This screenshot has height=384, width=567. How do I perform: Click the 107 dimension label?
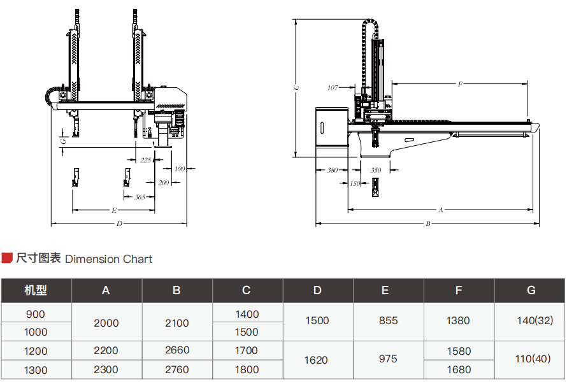[333, 88]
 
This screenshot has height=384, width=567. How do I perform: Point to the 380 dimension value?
[333, 170]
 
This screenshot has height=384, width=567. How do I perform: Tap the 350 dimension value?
[376, 170]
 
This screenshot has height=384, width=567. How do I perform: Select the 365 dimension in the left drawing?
[140, 197]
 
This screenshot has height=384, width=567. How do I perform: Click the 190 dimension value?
[179, 169]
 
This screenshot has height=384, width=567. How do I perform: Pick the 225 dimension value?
[146, 160]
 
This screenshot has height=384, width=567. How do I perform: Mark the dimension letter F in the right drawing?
[460, 84]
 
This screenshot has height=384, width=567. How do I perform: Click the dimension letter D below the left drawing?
[119, 224]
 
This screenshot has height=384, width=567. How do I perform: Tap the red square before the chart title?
[7, 258]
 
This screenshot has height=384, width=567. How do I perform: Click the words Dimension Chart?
[109, 259]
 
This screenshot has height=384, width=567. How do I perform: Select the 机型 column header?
[36, 290]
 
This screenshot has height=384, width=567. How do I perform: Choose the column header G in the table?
[531, 290]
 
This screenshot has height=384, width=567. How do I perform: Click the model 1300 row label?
[36, 369]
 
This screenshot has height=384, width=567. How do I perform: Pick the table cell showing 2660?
[176, 350]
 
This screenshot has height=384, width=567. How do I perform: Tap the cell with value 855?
[388, 321]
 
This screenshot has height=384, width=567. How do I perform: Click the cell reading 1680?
[459, 369]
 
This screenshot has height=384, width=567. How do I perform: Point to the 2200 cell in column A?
[106, 350]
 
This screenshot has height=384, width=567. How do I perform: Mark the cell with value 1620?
[316, 360]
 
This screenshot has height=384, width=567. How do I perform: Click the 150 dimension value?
[355, 183]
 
